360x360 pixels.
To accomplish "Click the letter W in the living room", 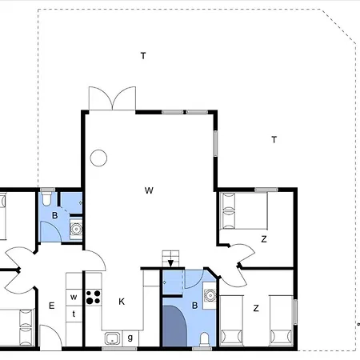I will pyautogui.click(x=149, y=190).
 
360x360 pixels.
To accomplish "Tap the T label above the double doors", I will pyautogui.click(x=143, y=56).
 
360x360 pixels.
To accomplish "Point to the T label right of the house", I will pyautogui.click(x=274, y=140).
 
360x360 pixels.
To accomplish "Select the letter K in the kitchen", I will pyautogui.click(x=122, y=302).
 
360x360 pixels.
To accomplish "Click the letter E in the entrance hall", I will pyautogui.click(x=51, y=305).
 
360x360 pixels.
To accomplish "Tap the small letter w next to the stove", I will pyautogui.click(x=74, y=298).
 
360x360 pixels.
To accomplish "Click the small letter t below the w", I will pyautogui.click(x=74, y=314).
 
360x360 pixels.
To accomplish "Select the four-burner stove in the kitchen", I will pyautogui.click(x=93, y=297).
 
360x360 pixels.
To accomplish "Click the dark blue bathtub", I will pyautogui.click(x=174, y=324).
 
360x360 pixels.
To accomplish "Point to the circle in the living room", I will pyautogui.click(x=98, y=158).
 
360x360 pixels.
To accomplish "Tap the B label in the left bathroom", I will pyautogui.click(x=55, y=216).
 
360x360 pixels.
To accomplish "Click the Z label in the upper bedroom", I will pyautogui.click(x=263, y=239).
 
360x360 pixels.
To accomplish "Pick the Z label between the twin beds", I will pyautogui.click(x=256, y=308).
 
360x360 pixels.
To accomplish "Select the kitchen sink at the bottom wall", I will pyautogui.click(x=111, y=338).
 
